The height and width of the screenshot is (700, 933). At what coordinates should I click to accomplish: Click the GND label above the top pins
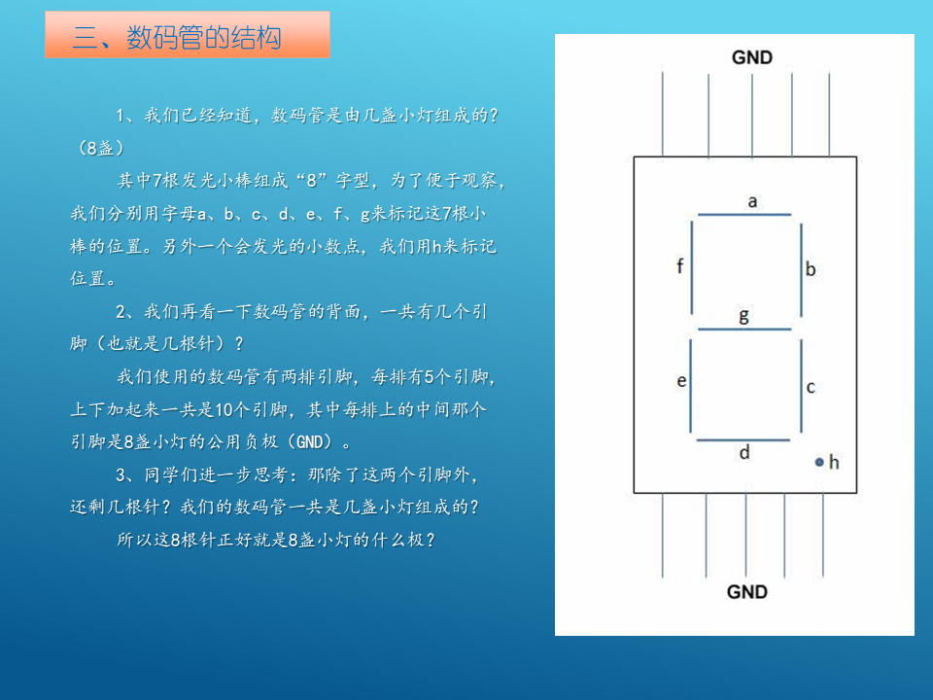click(x=751, y=57)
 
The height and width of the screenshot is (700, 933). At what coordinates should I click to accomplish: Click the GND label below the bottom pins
click(x=746, y=592)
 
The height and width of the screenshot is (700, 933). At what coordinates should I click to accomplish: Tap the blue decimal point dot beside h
click(x=819, y=462)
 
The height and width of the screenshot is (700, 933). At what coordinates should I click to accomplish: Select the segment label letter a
click(x=752, y=202)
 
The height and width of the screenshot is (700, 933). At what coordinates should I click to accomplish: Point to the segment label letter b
click(x=811, y=269)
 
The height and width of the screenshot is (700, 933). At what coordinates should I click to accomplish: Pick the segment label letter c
click(x=811, y=388)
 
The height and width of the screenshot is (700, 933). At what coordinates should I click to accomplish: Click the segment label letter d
click(x=744, y=453)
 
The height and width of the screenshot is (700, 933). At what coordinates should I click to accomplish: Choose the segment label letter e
click(x=682, y=381)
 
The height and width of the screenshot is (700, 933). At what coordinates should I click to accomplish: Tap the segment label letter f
click(x=679, y=265)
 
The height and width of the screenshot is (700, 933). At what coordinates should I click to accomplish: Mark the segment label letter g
click(x=743, y=315)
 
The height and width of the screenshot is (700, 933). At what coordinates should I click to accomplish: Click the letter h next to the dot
click(x=834, y=462)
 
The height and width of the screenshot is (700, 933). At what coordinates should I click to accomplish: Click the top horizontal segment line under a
click(x=744, y=214)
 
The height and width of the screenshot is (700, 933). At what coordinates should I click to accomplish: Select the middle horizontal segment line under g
click(x=744, y=329)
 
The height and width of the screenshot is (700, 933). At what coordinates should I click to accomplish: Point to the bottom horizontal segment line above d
click(x=743, y=439)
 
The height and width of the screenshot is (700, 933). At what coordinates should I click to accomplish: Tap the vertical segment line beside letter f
click(x=691, y=267)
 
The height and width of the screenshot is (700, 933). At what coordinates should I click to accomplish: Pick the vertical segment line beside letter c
click(x=802, y=386)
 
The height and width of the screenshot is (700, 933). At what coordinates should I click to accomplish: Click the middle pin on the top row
click(x=752, y=116)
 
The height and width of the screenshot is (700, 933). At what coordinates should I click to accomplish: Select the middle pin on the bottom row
click(x=745, y=535)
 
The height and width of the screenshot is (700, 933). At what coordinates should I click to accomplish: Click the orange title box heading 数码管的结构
click(x=188, y=35)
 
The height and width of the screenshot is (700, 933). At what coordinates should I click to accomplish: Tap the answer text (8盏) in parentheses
click(x=100, y=148)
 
